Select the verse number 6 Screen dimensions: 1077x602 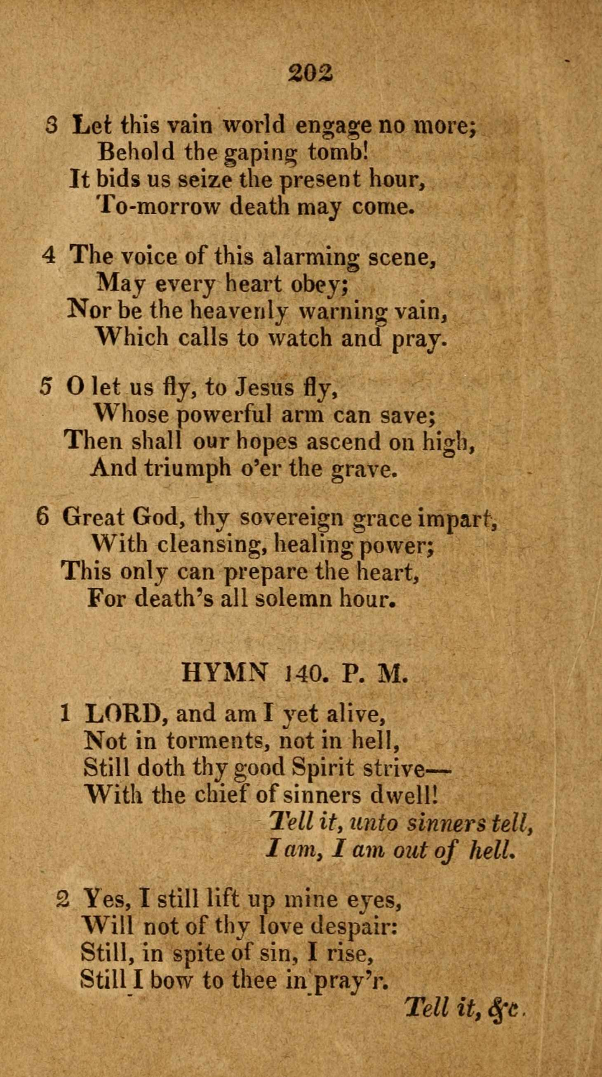43,517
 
